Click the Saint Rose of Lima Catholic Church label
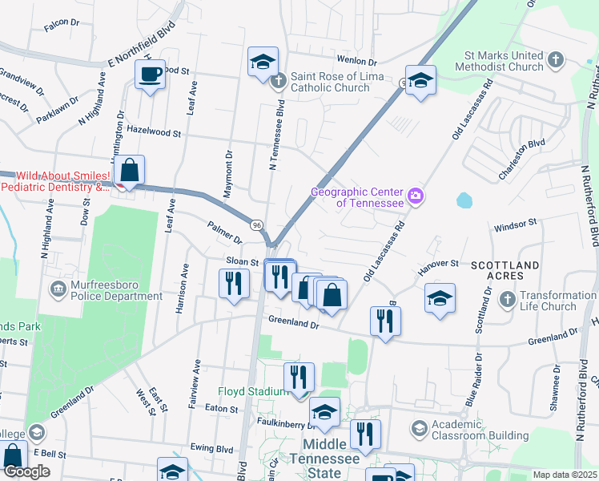(330, 81)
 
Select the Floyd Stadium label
(253, 391)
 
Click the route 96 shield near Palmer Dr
(256, 225)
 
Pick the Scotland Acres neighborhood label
(505, 270)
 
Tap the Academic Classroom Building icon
(419, 429)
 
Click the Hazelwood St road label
(155, 131)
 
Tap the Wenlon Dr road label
(356, 61)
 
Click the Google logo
(26, 471)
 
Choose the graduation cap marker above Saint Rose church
(262, 63)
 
